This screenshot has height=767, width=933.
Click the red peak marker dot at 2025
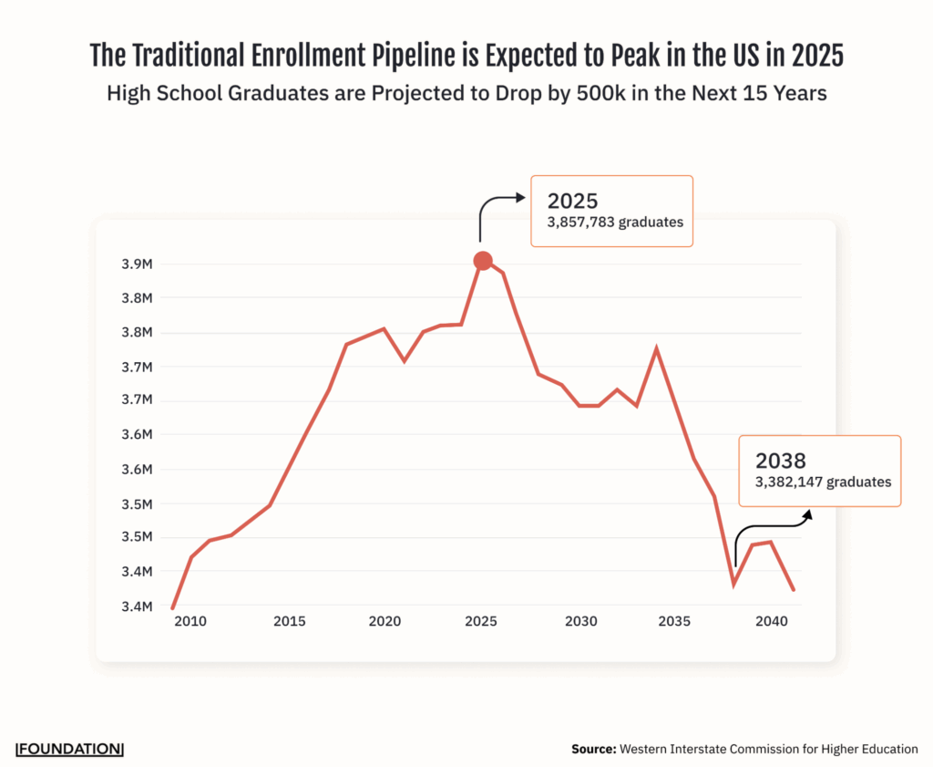click(483, 261)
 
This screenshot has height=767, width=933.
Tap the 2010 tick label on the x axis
click(190, 621)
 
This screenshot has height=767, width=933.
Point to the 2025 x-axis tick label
click(480, 621)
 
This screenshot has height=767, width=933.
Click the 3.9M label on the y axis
click(137, 264)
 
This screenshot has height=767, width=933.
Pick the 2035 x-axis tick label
click(674, 621)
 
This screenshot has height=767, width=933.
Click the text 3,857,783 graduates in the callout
click(615, 222)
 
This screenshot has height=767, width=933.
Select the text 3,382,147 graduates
click(823, 482)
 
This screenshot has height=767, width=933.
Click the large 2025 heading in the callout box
click(572, 201)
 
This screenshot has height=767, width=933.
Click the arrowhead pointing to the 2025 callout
click(520, 197)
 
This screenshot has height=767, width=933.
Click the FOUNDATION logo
click(69, 749)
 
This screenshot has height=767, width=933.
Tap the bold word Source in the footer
click(593, 749)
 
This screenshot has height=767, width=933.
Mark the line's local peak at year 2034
click(656, 349)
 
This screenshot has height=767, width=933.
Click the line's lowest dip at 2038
click(733, 584)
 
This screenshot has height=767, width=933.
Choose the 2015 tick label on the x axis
click(288, 621)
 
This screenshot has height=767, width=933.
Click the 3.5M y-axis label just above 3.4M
click(137, 537)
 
